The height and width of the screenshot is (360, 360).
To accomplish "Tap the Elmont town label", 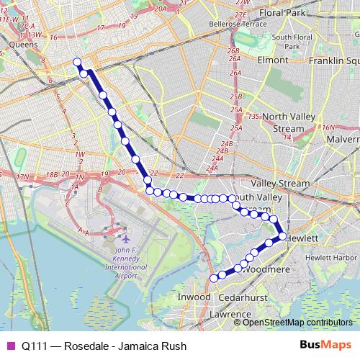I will click(x=273, y=60).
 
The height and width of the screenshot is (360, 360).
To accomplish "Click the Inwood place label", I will click(x=194, y=297).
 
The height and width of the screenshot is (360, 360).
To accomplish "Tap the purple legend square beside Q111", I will click(x=10, y=346).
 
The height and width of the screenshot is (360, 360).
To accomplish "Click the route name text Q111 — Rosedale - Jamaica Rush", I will click(x=104, y=346).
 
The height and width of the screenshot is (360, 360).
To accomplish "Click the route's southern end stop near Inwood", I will click(x=213, y=278).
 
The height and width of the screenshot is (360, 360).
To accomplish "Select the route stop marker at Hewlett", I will click(x=282, y=236).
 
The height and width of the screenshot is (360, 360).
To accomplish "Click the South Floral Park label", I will click(x=292, y=42).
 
